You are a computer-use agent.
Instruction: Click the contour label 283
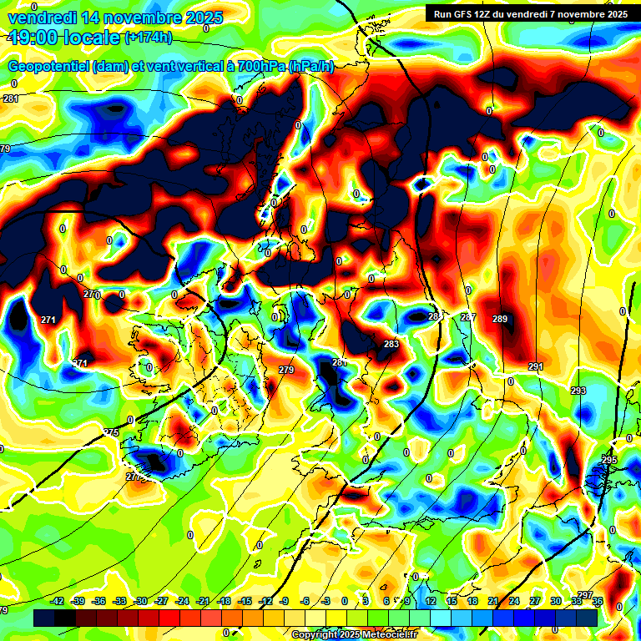391,344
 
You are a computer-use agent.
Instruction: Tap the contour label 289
500,319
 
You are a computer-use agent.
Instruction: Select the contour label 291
536,366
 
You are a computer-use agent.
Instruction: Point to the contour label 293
578,391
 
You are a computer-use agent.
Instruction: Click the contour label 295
609,460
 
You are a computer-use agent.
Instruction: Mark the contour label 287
468,317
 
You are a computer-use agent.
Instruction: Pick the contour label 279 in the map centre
286,369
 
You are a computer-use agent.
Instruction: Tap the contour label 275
111,432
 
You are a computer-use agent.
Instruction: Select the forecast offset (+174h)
148,37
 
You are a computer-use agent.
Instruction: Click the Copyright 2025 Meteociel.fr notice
355,634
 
